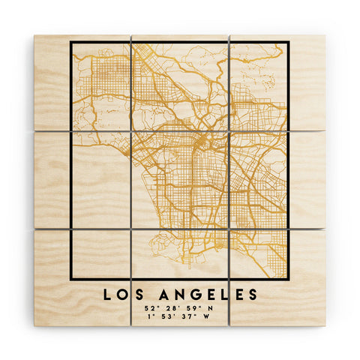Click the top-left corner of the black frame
[x=71, y=42]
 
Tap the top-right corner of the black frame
[x=288, y=42]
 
